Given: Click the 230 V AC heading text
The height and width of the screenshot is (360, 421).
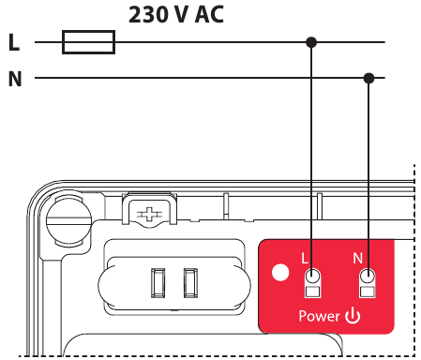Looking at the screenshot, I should [x=176, y=15].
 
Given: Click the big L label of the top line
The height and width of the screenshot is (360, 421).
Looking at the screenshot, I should [x=13, y=43].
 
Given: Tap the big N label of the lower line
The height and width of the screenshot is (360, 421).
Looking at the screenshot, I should [x=14, y=79].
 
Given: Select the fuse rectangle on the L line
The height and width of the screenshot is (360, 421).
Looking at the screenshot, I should [x=88, y=42].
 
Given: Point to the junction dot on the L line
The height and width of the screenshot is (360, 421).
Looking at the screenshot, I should [x=311, y=42].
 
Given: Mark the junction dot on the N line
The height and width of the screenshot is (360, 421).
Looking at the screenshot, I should [x=369, y=78].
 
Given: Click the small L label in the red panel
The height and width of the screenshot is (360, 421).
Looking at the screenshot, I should [x=304, y=257].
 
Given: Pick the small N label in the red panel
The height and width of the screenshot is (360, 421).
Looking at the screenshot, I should [x=357, y=257].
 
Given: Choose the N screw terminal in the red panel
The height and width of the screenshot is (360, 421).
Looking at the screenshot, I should [x=368, y=277].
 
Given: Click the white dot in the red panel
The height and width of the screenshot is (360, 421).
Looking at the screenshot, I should [x=278, y=275].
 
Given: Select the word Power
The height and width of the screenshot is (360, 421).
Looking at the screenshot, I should [x=319, y=316].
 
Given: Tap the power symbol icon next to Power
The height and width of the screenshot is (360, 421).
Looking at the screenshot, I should [x=353, y=315].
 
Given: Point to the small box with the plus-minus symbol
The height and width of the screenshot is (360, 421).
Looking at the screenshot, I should [x=147, y=214].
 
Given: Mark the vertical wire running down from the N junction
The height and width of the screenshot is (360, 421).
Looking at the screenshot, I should [x=369, y=169].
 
